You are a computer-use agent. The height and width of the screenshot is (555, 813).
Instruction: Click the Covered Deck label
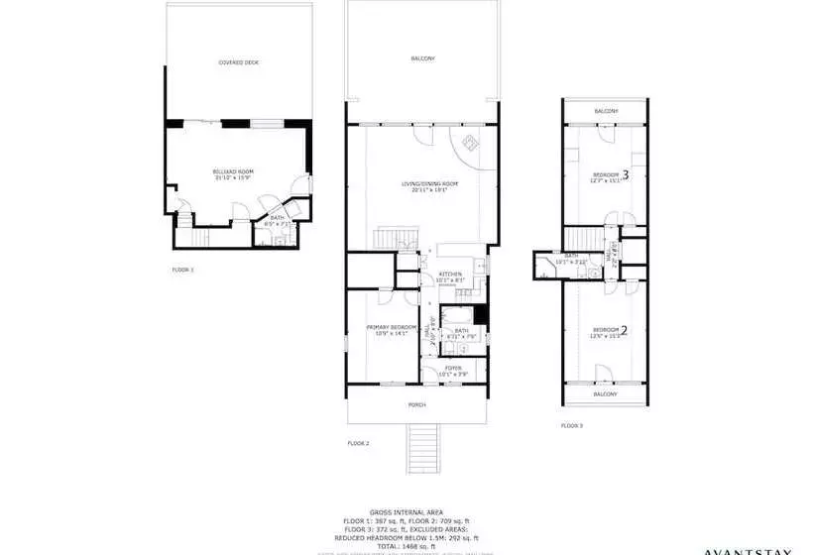(x=238, y=62)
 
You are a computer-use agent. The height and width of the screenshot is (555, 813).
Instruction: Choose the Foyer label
(x=453, y=369)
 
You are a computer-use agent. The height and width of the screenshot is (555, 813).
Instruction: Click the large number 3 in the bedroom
(x=625, y=174)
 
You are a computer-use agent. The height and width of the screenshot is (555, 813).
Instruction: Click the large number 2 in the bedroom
(x=625, y=330)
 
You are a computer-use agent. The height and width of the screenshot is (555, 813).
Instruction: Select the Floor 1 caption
(x=182, y=270)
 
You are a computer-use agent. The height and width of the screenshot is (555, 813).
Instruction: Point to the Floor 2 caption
(x=358, y=443)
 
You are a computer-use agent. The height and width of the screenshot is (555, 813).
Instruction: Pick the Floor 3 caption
(x=571, y=425)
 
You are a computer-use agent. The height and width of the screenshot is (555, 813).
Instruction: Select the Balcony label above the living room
(x=422, y=59)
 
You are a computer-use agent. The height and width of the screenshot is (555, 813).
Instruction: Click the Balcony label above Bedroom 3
(x=606, y=111)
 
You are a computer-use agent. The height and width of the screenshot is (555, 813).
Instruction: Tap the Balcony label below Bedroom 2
(x=606, y=394)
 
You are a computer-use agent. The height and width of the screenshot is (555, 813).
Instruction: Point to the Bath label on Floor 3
(x=571, y=256)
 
